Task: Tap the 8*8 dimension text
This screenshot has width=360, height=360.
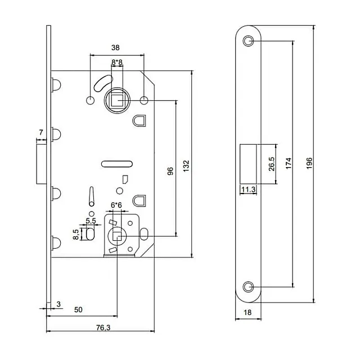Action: click(118, 62)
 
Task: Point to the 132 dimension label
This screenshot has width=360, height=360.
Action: click(187, 165)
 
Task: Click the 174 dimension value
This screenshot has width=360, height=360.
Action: click(288, 164)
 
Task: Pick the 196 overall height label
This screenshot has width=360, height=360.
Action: click(309, 164)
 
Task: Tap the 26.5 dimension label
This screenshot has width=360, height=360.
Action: click(271, 164)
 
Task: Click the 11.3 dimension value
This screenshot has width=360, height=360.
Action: click(248, 190)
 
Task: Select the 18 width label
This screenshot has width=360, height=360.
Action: click(248, 313)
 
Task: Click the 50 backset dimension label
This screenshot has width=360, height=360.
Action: click(79, 310)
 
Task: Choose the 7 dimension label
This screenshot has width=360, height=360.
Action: click(40, 133)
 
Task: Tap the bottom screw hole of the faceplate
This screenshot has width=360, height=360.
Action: click(249, 286)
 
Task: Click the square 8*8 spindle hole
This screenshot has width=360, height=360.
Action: click(117, 101)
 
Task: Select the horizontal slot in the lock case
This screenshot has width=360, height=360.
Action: click(116, 164)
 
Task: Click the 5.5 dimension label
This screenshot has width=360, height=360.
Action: click(90, 220)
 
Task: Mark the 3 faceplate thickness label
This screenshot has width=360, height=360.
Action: click(59, 305)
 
